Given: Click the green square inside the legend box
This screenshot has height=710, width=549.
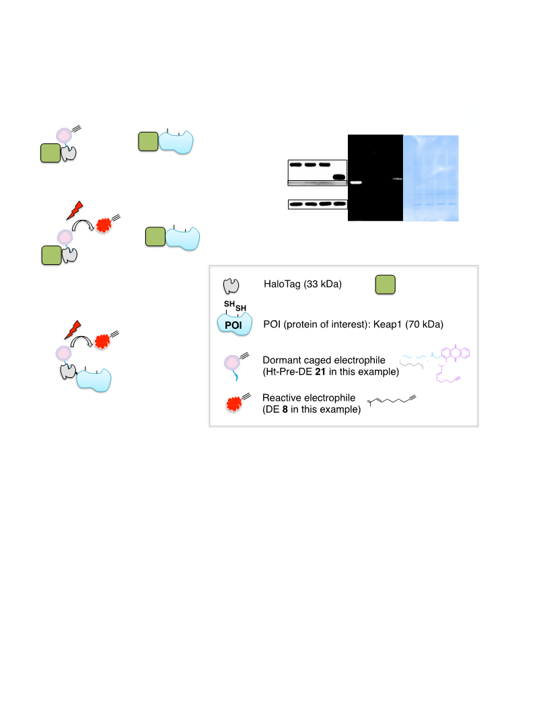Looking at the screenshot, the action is click(385, 285).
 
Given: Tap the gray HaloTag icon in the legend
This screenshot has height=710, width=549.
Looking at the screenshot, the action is click(231, 286).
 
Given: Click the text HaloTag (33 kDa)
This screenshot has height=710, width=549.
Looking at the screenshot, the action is click(303, 284).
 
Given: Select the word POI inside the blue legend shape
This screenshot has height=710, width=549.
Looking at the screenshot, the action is click(233, 325).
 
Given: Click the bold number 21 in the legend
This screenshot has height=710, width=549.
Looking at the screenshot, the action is click(320, 372).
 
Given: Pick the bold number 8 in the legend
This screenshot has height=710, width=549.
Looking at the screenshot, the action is click(285, 409).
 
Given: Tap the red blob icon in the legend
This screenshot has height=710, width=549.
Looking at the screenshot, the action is click(233, 404).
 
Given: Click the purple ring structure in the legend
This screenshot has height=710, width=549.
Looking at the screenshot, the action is click(455, 353).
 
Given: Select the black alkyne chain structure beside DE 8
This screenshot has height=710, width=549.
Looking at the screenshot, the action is click(392, 400).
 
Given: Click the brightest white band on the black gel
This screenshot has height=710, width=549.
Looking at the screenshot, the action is click(356, 182).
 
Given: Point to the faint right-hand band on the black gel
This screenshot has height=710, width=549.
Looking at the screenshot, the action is click(397, 179).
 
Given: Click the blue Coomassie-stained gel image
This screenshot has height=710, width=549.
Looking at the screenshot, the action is click(431, 178).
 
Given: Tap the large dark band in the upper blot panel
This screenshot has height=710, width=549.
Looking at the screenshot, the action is click(339, 177).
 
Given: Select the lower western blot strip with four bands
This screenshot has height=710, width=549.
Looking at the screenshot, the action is click(318, 204).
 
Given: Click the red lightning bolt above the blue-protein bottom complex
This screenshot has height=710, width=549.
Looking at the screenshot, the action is click(73, 329).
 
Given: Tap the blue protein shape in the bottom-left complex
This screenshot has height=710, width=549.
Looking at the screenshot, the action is click(94, 379).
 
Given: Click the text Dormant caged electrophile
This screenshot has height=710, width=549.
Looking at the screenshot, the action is click(324, 360).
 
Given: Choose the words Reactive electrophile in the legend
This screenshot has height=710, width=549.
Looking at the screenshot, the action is click(309, 397).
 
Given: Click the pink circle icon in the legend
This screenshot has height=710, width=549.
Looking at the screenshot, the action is click(232, 362).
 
